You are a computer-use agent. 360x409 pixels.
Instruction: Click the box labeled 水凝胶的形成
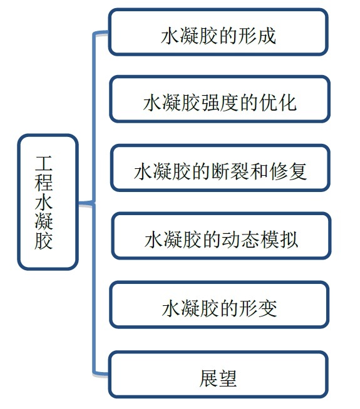(x=219, y=32)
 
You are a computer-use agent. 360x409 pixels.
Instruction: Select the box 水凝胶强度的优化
(x=220, y=99)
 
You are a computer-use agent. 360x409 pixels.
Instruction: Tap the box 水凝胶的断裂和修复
(x=220, y=168)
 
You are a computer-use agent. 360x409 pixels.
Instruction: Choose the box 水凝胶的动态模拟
(x=222, y=236)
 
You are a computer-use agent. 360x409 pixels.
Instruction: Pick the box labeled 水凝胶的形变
(x=219, y=305)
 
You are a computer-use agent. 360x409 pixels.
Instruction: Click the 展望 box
(x=219, y=375)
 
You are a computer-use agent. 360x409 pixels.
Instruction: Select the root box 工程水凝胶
(x=48, y=202)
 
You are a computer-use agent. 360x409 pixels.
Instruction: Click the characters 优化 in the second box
(x=278, y=103)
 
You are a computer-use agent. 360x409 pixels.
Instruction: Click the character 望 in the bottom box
(x=227, y=378)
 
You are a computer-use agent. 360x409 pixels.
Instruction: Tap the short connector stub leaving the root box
(x=86, y=203)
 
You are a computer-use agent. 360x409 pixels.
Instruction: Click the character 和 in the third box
(x=259, y=171)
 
